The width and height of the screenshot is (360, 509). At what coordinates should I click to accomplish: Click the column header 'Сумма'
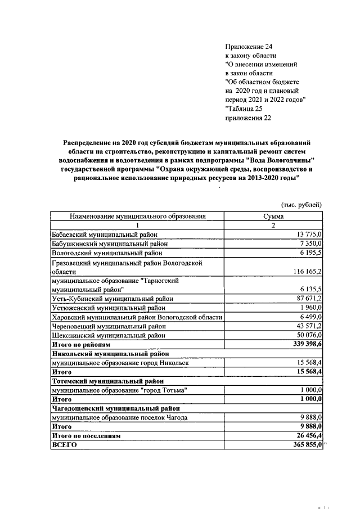pyautogui.click(x=273, y=216)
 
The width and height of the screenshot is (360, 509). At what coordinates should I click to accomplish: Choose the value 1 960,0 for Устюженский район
pyautogui.click(x=310, y=308)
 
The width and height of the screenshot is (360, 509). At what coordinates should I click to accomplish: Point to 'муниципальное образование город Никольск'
pyautogui.click(x=120, y=363)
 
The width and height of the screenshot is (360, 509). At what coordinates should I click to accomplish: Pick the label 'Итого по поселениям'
pyautogui.click(x=85, y=435)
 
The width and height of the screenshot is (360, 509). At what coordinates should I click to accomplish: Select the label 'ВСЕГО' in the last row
pyautogui.click(x=64, y=444)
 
